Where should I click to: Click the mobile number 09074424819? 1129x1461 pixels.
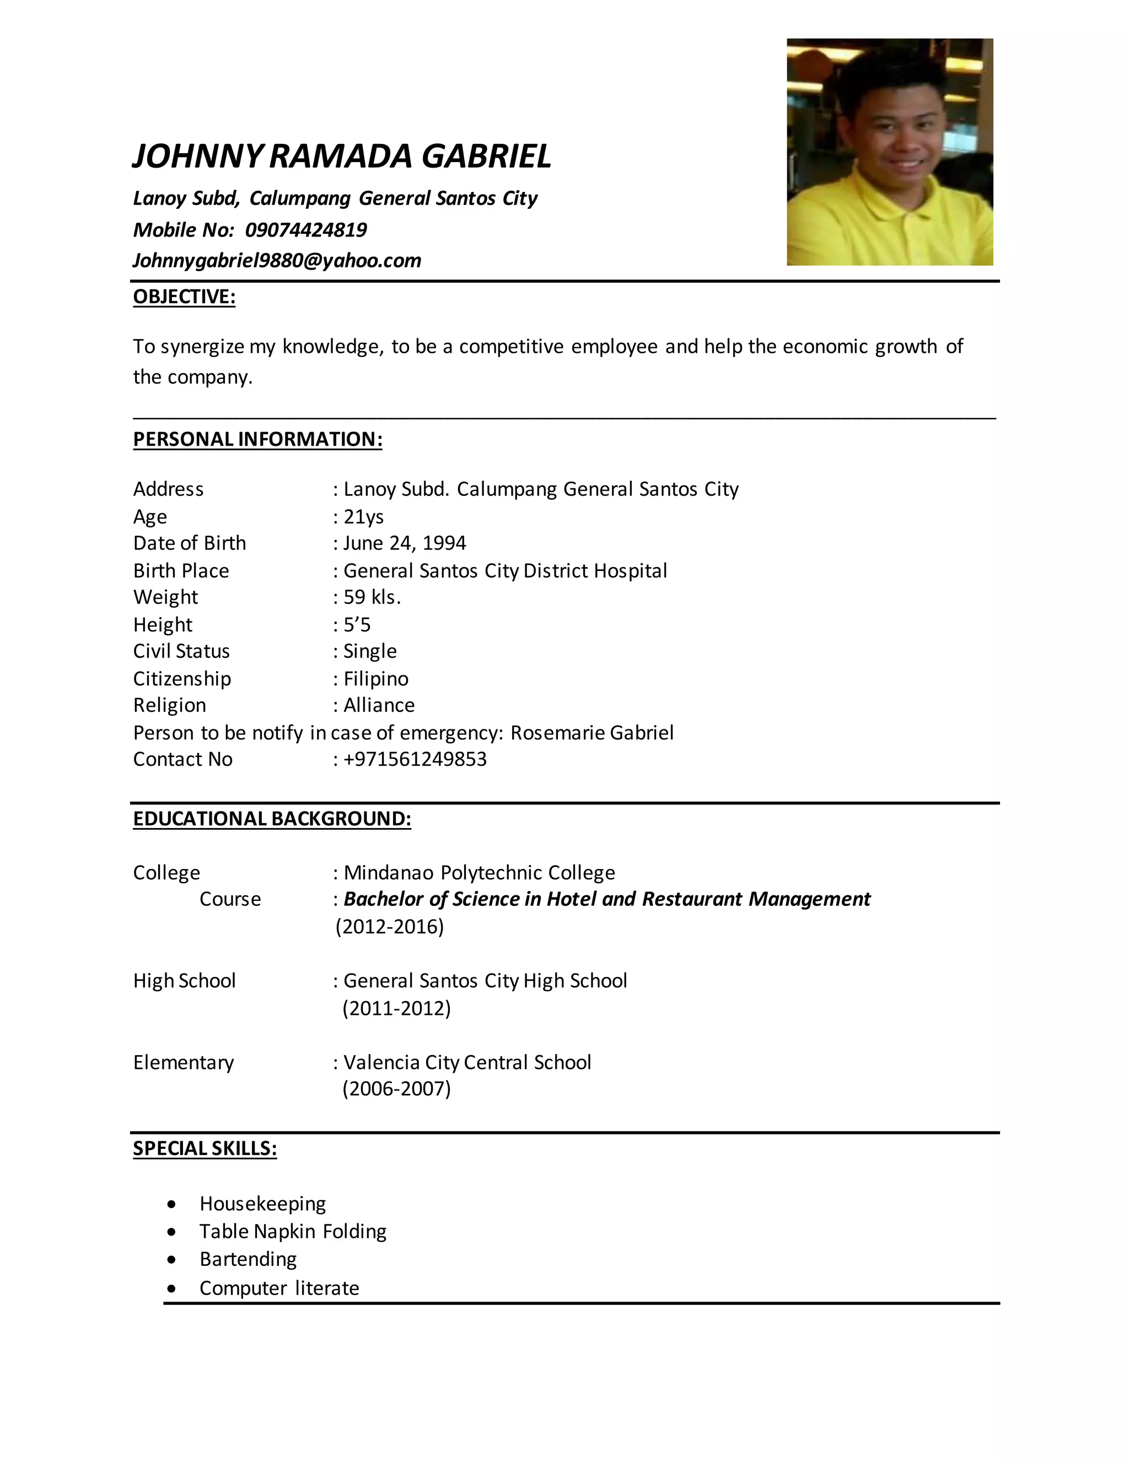tap(305, 230)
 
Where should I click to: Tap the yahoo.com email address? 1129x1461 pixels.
tap(277, 261)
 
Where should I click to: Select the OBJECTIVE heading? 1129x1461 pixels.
tap(184, 297)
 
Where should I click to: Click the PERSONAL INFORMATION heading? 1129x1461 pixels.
tap(257, 439)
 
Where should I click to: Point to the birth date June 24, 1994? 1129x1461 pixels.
tap(405, 543)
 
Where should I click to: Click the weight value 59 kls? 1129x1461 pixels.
tap(372, 598)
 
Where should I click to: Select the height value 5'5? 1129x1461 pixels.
tap(357, 625)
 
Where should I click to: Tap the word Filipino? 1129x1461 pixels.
tap(375, 679)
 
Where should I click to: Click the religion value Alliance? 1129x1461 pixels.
tap(379, 706)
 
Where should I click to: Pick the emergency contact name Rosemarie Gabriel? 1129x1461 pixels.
tap(592, 733)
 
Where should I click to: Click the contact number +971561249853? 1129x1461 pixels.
tap(415, 760)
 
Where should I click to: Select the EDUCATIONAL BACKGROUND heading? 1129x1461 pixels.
tap(272, 819)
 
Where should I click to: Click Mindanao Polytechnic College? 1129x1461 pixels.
tap(479, 873)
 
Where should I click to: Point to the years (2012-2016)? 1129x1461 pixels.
tap(390, 927)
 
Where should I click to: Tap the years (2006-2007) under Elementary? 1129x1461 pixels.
tap(396, 1089)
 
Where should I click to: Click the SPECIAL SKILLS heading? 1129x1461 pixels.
tap(205, 1148)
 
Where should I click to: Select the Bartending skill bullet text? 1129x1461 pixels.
tap(248, 1259)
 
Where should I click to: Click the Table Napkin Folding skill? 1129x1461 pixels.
tap(293, 1232)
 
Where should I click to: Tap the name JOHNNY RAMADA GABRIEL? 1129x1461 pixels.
tap(342, 157)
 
